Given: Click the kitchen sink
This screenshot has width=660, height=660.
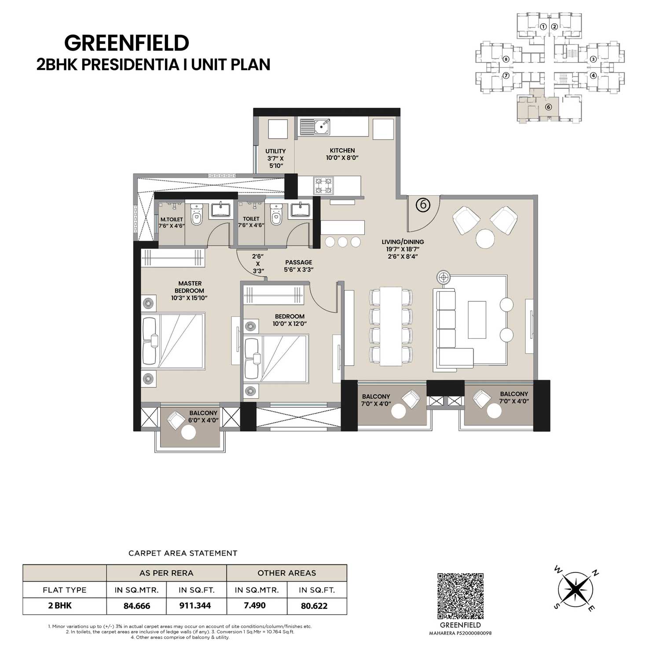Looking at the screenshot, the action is [315, 126].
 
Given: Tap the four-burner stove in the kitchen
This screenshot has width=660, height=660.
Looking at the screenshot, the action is [323, 185].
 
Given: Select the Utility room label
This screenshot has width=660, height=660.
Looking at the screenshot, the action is [275, 158].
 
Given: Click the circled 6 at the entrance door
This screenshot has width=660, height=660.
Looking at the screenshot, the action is [423, 205].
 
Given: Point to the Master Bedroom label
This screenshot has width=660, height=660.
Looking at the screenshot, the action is [189, 290].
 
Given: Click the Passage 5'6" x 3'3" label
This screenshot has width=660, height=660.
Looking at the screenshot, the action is [298, 266].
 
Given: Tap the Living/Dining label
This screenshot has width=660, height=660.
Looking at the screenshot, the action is [403, 242].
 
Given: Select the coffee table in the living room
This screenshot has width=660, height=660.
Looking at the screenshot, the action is [477, 319].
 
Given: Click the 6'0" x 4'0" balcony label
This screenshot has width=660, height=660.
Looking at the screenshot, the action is [203, 417].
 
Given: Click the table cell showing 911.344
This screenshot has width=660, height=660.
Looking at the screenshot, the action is [195, 606].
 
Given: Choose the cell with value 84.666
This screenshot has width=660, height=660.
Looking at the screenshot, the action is [136, 606].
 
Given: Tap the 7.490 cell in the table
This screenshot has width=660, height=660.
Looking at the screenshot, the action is [255, 605].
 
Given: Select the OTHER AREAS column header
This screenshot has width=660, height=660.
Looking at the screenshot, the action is [287, 573].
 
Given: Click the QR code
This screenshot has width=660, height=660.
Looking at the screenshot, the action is [461, 596].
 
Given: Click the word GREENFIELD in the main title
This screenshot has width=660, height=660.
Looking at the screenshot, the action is [127, 43].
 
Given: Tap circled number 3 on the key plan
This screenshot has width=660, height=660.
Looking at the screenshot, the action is [593, 59].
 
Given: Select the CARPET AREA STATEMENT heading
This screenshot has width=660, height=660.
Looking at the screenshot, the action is [183, 553].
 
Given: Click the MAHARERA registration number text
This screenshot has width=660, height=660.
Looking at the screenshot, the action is [461, 634].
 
